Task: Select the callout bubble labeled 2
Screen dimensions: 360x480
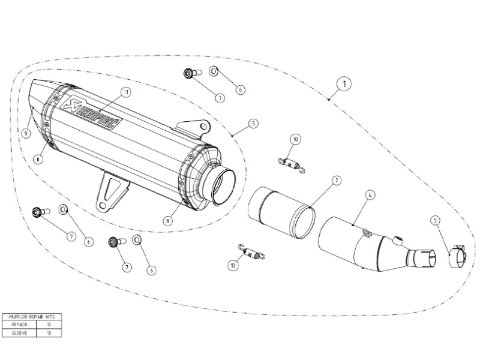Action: pos(337,180)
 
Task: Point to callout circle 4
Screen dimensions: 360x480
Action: pos(370,195)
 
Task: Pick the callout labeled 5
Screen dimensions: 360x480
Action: pos(435,220)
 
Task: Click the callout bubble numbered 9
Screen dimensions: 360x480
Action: pos(26,133)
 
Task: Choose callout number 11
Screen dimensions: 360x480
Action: pos(125,92)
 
